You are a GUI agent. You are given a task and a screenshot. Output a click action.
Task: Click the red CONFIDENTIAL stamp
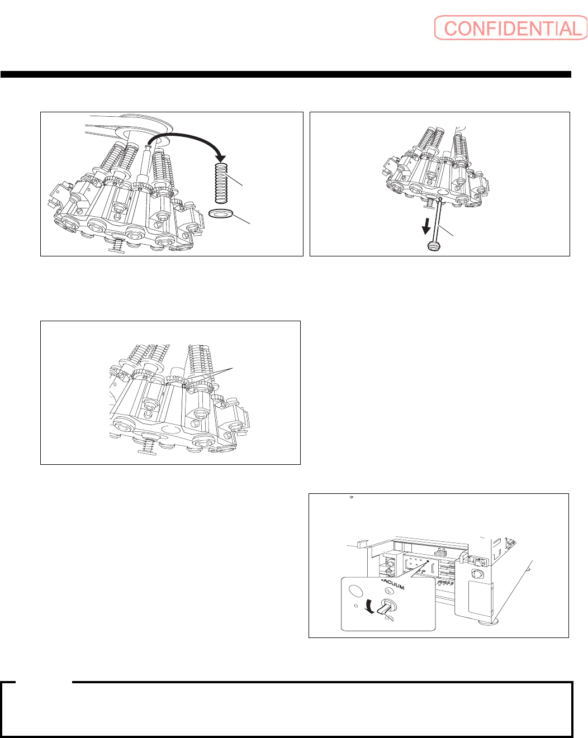(511, 28)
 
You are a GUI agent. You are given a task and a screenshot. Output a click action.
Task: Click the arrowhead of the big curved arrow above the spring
(221, 158)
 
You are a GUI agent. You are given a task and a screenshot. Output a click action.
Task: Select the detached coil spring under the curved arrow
(221, 183)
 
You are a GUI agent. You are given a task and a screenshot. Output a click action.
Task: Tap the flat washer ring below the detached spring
(221, 214)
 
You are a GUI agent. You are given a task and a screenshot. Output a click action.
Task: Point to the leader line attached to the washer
(241, 219)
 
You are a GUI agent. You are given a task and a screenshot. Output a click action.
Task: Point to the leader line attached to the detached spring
(234, 180)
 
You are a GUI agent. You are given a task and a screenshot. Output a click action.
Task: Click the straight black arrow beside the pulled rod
(426, 226)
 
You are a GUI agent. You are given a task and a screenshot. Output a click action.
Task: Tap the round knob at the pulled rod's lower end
(434, 246)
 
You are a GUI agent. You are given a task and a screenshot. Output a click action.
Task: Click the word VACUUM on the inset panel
(392, 585)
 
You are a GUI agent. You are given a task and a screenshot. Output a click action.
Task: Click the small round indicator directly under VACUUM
(388, 591)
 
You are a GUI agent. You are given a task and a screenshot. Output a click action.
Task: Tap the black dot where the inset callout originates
(428, 561)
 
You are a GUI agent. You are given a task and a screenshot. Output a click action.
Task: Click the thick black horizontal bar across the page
(286, 74)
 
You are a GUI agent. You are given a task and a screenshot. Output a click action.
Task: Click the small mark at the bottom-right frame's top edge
(351, 497)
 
